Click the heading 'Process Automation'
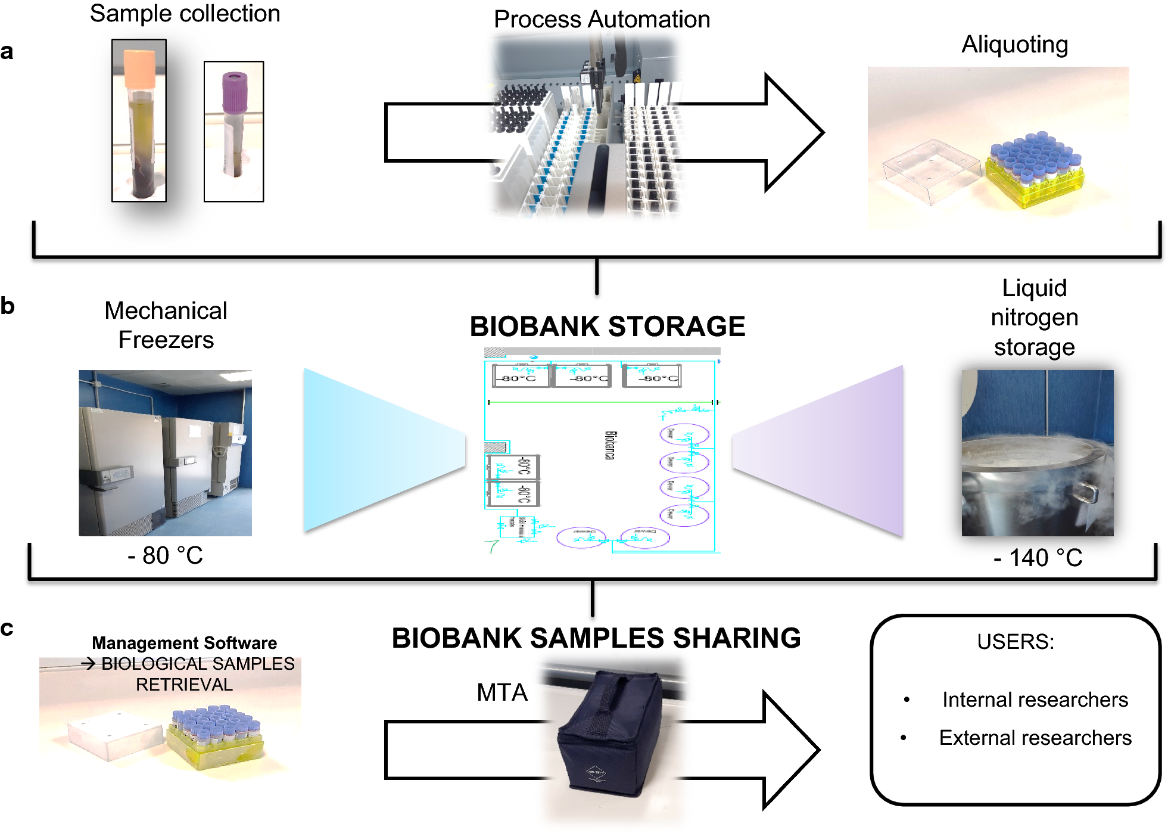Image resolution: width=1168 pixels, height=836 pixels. coord(602,20)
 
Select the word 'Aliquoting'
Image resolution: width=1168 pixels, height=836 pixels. coord(1014,45)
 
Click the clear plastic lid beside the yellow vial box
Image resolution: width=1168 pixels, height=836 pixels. coord(930,170)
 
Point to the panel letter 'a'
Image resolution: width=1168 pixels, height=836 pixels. coord(7,52)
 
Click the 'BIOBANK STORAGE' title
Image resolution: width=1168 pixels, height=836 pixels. coord(607,327)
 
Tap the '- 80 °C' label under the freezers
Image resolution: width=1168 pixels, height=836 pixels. coord(165,555)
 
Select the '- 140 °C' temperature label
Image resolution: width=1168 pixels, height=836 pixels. coord(1038,558)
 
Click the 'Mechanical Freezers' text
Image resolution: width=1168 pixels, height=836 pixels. coord(166,325)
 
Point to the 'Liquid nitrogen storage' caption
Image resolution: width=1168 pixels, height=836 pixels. coord(1034,318)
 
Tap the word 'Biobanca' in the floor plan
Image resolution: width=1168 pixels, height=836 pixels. coord(610,445)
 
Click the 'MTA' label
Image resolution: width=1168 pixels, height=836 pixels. coord(502,692)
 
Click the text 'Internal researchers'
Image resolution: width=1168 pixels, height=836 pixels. coord(1035,700)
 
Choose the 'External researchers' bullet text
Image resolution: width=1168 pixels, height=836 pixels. coord(1035,738)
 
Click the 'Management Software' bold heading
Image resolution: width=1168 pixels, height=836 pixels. coord(184,643)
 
